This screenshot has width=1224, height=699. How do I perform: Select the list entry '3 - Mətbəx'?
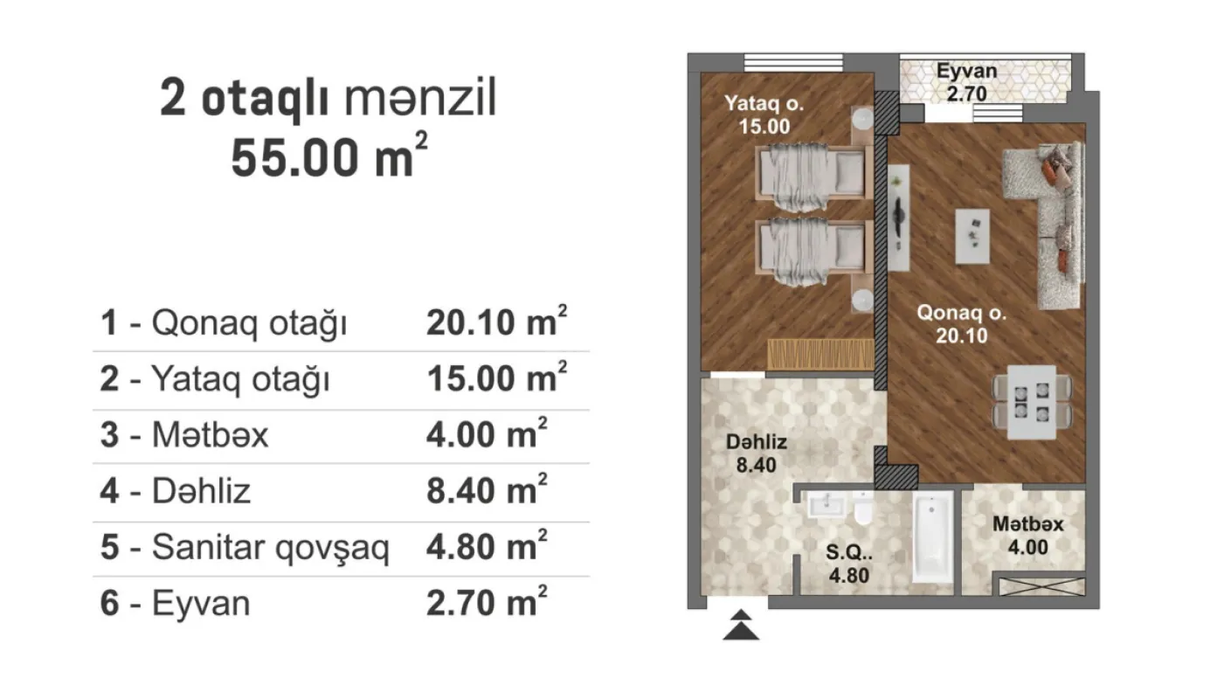pos(184,434)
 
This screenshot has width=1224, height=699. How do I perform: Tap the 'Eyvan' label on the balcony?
pos(966,71)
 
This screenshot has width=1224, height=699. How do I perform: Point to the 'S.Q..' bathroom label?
pos(848,553)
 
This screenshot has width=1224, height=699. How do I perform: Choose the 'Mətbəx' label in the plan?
pos(1027,525)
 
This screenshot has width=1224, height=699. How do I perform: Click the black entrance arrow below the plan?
pos(740,626)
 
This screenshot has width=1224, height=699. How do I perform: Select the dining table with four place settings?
pos(1032,402)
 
